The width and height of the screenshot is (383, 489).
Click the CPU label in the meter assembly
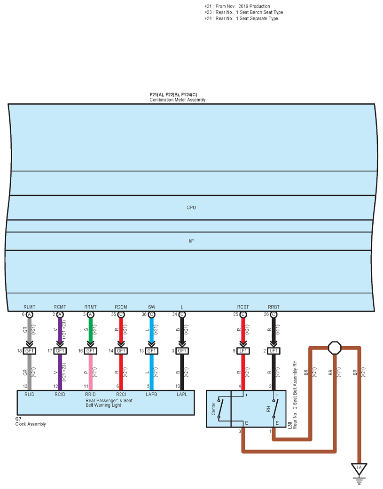[x=191, y=207]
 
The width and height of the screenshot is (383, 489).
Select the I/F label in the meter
[x=191, y=241]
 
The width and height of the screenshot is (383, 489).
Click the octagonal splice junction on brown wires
[x=335, y=348]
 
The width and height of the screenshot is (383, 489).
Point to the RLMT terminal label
[x=29, y=307]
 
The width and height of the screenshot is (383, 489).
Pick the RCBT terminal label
[x=243, y=307]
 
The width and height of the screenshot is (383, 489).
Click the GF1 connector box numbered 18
[x=29, y=351]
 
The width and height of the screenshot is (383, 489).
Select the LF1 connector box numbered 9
[x=243, y=351]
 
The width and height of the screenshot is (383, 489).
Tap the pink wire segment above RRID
[x=90, y=372]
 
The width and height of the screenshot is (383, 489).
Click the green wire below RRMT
[x=90, y=329]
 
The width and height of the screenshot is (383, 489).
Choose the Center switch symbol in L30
[x=220, y=409]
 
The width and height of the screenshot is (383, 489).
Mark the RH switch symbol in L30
[x=275, y=409]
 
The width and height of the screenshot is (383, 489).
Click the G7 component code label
[x=18, y=419]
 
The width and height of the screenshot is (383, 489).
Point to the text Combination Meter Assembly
[x=178, y=100]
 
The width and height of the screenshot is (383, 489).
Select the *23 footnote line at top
[x=244, y=12]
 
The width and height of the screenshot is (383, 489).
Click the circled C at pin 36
[x=152, y=314]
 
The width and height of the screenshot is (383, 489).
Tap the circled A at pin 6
[x=29, y=314]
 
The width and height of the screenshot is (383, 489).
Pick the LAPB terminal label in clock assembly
[x=152, y=395]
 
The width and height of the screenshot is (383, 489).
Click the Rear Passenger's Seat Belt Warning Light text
[x=109, y=403]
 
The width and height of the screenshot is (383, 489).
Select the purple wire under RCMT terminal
[x=60, y=329]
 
